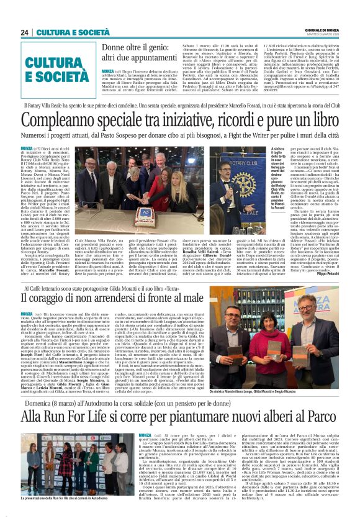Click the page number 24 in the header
pyautogui.click(x=25, y=32)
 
